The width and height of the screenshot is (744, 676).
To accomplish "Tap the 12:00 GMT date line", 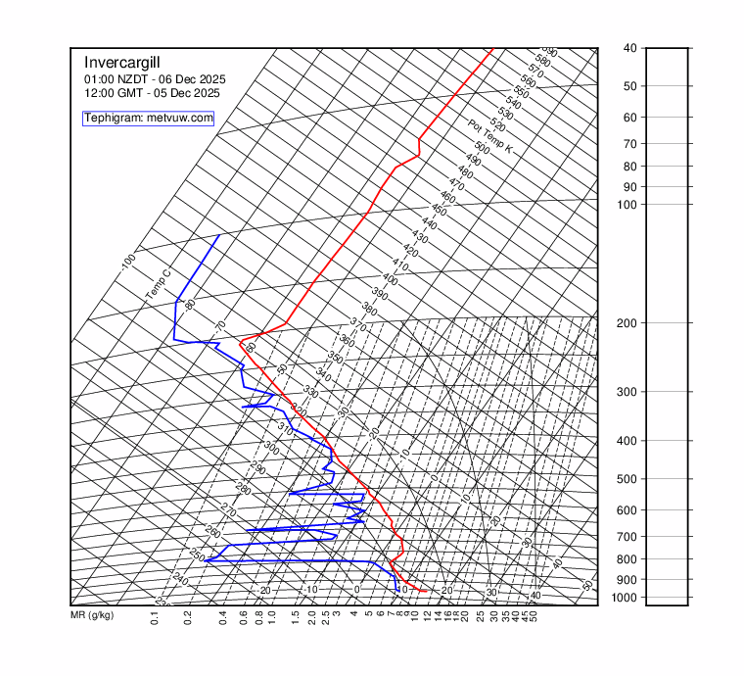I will (152, 93).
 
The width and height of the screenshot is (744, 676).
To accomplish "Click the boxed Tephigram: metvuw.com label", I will (148, 119).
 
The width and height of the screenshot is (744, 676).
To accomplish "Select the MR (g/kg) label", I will (92, 615).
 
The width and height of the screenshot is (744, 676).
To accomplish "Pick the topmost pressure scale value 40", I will (628, 47).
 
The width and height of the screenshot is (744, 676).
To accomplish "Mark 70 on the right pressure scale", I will (628, 143).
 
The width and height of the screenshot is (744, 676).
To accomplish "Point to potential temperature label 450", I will (439, 211).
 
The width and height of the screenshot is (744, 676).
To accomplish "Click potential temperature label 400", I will (390, 279).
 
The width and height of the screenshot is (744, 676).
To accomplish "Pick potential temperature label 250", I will (197, 555).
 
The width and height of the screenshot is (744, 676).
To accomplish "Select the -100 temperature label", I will (127, 262).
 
